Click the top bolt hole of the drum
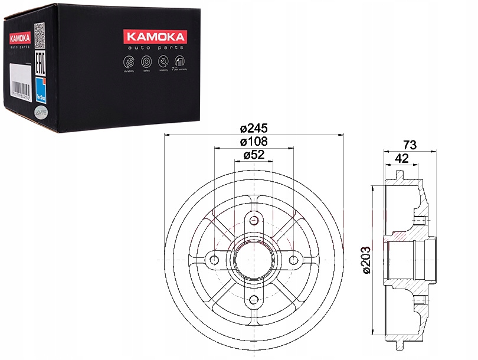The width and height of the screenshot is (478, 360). tap(254, 221)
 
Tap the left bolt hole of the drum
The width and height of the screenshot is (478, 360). tap(215, 260)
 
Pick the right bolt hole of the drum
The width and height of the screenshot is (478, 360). tap(293, 260)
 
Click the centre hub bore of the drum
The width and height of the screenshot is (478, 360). tap(254, 260)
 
